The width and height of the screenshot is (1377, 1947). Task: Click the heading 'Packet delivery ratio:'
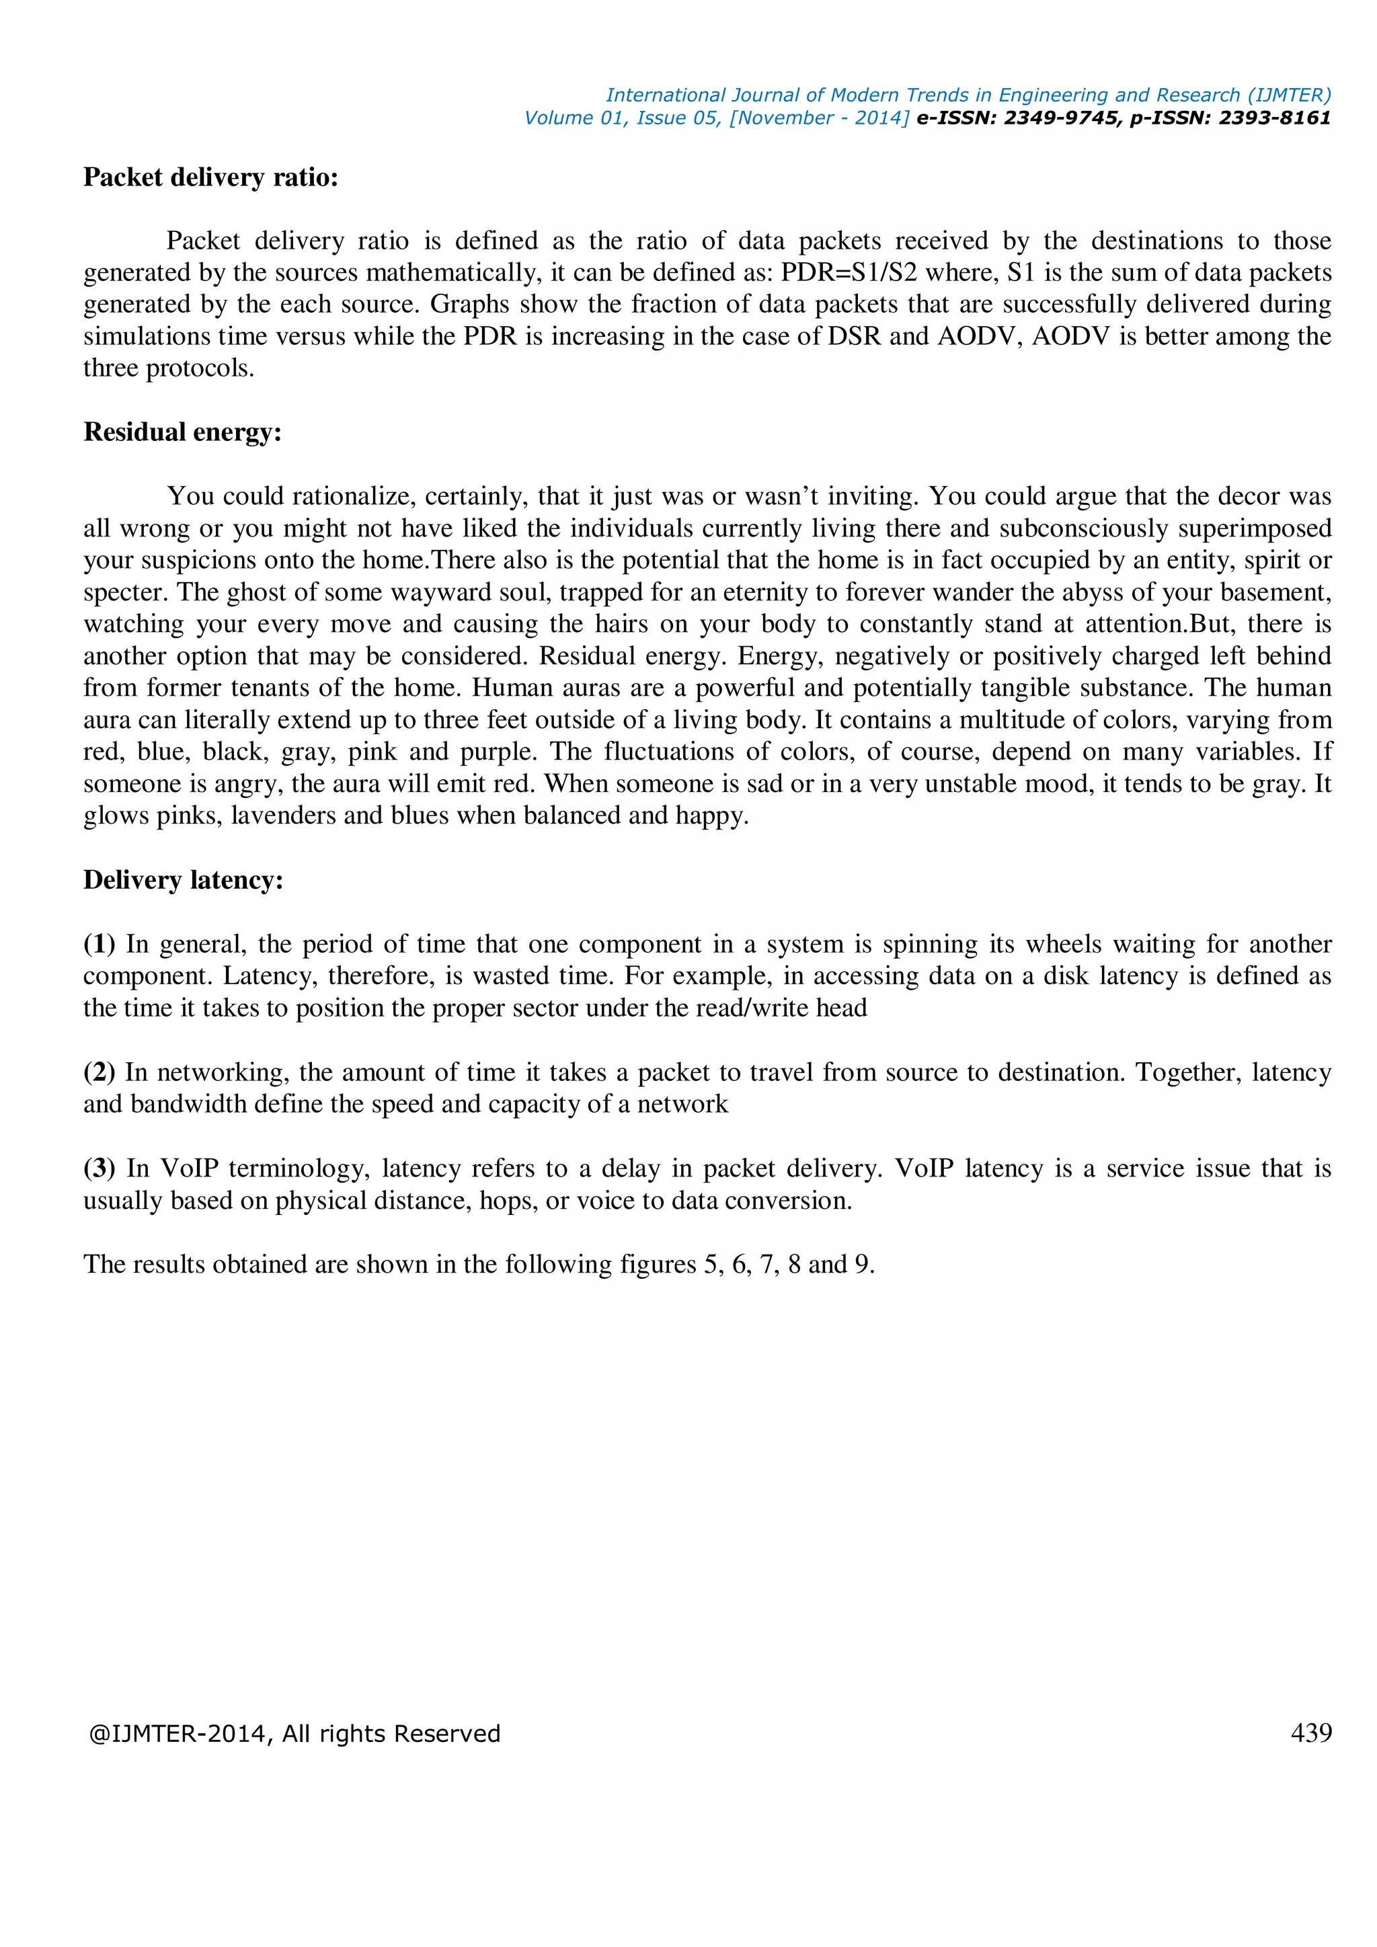tap(210, 177)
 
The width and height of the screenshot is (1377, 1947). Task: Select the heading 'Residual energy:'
tap(182, 432)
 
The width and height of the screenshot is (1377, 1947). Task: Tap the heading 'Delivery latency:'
tap(183, 880)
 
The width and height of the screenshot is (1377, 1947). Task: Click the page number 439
tap(1311, 1733)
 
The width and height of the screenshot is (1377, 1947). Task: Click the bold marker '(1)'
tap(100, 944)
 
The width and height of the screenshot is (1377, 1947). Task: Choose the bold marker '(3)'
tap(100, 1168)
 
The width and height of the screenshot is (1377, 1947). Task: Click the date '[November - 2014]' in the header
tap(819, 118)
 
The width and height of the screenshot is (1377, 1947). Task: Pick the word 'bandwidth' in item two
tap(200, 1104)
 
